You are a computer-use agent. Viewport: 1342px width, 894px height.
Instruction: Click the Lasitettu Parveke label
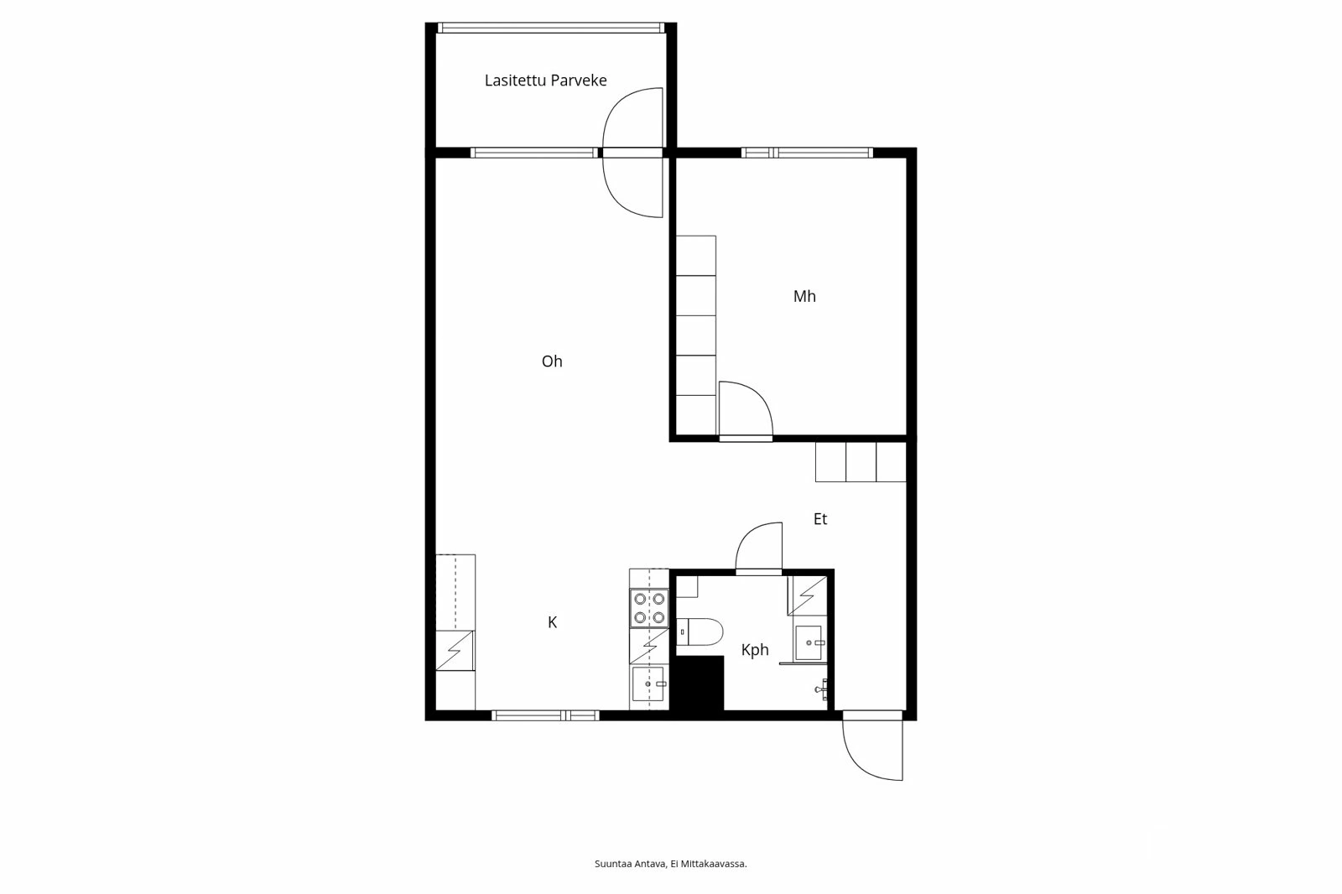(545, 81)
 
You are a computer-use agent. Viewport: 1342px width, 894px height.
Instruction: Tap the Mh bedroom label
(804, 296)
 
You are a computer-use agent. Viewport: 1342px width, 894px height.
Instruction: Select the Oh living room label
(552, 361)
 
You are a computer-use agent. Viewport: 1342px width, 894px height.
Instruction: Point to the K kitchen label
(552, 622)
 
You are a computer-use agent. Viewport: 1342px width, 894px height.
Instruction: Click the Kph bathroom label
(755, 650)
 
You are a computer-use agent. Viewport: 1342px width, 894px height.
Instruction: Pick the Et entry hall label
(820, 519)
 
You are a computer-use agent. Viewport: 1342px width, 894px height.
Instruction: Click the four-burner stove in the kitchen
(649, 608)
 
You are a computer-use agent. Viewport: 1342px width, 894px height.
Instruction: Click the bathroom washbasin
(809, 643)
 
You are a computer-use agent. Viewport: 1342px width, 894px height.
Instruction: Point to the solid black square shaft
(700, 683)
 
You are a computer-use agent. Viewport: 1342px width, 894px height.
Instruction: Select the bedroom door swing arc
(746, 410)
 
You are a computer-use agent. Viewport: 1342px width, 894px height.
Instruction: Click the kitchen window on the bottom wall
(544, 715)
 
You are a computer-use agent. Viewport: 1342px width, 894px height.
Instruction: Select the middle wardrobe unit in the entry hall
(861, 462)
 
